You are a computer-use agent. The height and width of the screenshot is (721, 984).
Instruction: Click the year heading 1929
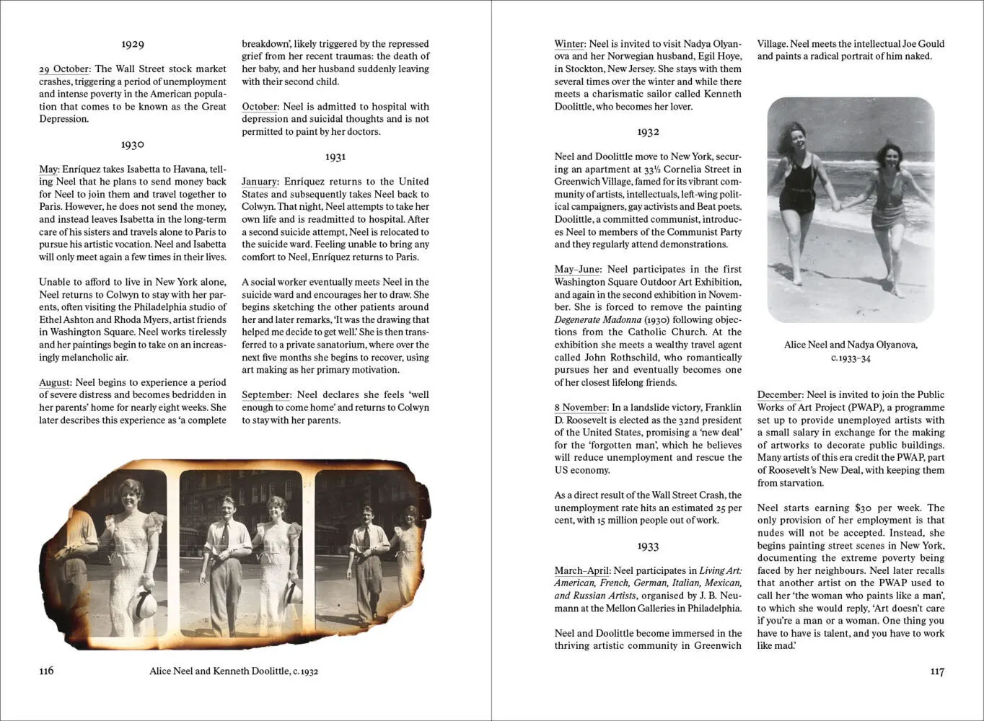point(133,44)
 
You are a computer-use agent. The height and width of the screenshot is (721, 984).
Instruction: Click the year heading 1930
point(133,144)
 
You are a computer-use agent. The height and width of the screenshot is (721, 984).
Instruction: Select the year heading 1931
point(335,156)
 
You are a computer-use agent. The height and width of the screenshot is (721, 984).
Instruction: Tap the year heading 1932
point(648,132)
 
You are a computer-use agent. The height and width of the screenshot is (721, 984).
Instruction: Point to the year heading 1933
point(648,546)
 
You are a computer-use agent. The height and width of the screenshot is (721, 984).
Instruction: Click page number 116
point(46,671)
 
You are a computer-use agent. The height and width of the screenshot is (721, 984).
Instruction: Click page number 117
point(936,671)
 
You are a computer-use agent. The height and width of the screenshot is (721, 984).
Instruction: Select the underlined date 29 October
point(65,69)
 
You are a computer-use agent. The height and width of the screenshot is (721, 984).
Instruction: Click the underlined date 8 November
point(581,407)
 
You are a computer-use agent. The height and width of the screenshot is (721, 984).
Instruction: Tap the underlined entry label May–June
point(578,270)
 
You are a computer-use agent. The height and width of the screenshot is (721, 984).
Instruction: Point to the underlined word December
point(780,394)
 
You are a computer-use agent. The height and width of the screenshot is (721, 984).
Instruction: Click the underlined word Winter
point(570,44)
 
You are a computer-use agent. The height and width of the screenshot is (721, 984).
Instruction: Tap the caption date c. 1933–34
point(851,358)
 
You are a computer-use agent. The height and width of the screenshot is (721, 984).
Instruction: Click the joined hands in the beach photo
point(836,205)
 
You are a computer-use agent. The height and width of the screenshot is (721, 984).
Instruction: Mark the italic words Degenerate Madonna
point(597,319)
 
